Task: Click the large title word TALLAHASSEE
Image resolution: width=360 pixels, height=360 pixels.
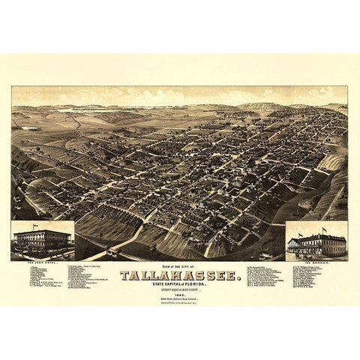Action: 179,274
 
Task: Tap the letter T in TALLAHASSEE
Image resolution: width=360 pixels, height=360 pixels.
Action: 124,274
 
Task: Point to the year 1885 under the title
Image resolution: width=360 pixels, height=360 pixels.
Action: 179,295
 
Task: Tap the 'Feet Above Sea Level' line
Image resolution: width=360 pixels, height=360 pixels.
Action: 180,301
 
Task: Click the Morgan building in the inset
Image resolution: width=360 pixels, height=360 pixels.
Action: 316,244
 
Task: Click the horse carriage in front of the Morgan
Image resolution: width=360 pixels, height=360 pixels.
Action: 330,255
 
